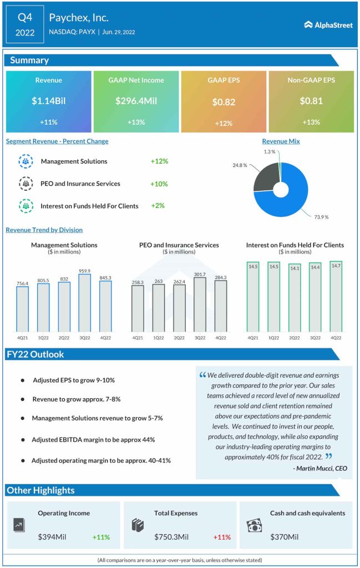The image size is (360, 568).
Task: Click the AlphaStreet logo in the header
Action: (x=328, y=24)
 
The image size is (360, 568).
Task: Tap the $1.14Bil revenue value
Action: (x=48, y=101)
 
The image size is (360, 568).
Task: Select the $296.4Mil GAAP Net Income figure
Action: (x=136, y=101)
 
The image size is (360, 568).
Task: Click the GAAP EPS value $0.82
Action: (x=224, y=102)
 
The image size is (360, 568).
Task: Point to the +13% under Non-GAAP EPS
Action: (x=311, y=122)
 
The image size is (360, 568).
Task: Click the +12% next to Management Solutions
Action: (x=159, y=161)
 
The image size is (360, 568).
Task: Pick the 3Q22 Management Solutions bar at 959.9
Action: (x=85, y=303)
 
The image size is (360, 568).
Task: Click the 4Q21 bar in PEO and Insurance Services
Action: (x=138, y=308)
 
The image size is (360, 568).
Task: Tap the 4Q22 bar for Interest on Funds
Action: (x=336, y=297)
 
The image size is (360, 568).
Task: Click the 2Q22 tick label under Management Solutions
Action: (x=64, y=338)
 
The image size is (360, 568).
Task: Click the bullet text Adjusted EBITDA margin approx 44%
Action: (x=93, y=439)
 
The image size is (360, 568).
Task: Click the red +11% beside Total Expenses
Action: (x=222, y=537)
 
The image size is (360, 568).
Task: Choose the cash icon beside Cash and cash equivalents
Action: (x=254, y=525)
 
